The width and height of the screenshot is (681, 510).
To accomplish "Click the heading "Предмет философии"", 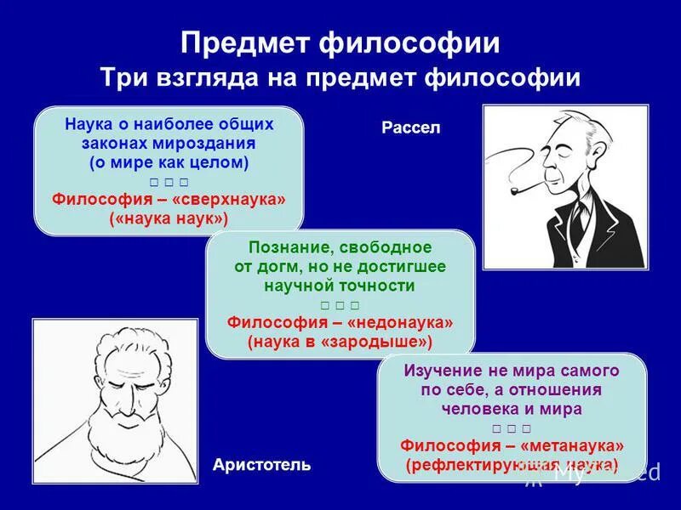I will point(340,43).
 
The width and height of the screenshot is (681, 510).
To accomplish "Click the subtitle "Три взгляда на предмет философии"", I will point(340,78).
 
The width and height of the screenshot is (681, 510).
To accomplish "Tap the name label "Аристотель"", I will point(261,465).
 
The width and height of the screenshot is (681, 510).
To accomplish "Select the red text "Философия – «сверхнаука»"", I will point(169,199).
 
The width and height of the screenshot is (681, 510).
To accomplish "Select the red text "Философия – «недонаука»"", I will point(340,323).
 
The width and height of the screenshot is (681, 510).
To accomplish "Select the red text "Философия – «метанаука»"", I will point(512,445).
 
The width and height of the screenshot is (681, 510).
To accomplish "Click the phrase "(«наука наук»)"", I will point(169,218).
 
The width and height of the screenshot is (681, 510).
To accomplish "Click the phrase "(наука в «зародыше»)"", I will point(340,342).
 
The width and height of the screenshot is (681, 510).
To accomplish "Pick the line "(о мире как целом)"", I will point(169,161).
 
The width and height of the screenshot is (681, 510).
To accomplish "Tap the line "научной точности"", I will point(340,286).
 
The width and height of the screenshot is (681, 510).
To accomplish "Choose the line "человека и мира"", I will point(512,408).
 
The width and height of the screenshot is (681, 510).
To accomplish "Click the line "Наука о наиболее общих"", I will point(169,124).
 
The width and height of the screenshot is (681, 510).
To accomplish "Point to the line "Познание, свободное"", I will point(340,247).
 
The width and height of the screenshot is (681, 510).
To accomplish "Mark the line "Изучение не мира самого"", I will point(512,371).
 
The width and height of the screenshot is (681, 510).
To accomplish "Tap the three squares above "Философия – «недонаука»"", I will point(340,304).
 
